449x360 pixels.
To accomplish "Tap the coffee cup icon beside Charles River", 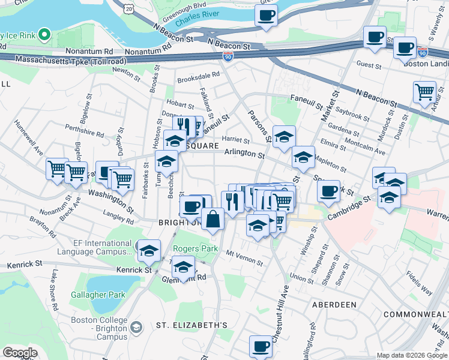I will click(x=266, y=15).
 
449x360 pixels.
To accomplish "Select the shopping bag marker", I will click(x=212, y=220).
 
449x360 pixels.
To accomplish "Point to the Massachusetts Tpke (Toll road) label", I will click(x=71, y=61).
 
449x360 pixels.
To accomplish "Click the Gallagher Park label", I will click(x=105, y=295).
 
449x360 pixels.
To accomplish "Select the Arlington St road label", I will click(x=244, y=154).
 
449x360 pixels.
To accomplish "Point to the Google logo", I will click(x=19, y=353).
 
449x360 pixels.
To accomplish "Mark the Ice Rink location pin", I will click(x=43, y=35).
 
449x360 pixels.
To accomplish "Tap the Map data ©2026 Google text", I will click(x=411, y=355).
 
